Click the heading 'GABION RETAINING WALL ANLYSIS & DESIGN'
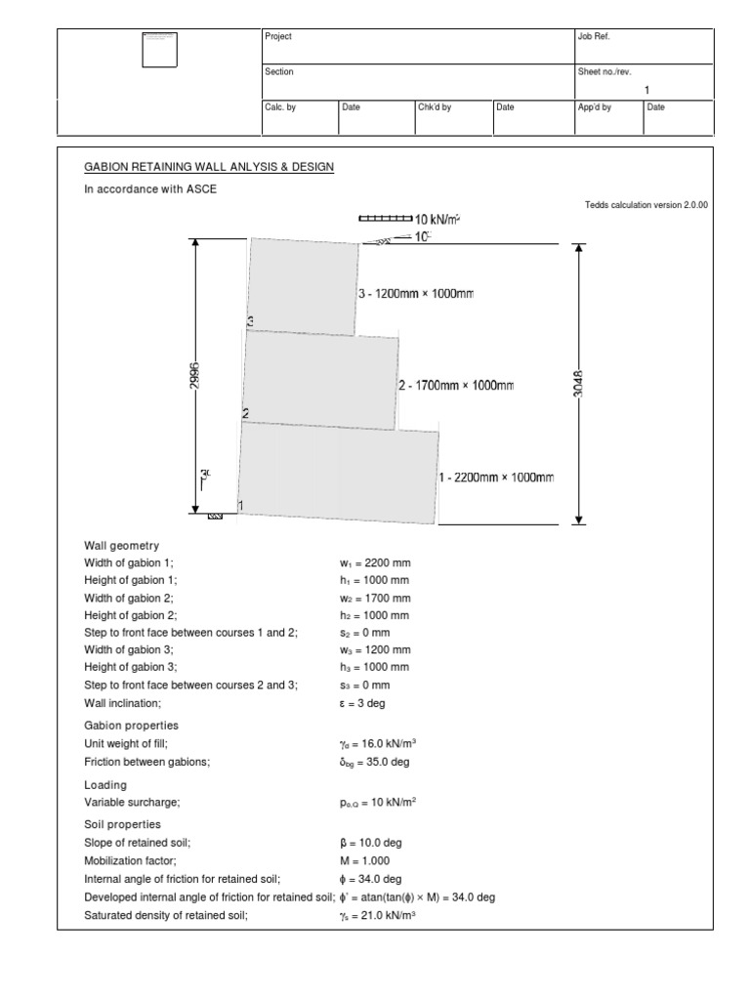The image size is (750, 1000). tap(209, 167)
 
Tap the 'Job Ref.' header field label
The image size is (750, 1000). tap(595, 37)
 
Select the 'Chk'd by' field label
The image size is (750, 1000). tap(435, 107)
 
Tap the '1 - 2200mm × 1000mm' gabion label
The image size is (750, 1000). tap(496, 478)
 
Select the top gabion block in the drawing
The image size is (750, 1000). tap(303, 284)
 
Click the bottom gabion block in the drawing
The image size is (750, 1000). tap(337, 473)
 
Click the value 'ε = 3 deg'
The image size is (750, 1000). tap(362, 702)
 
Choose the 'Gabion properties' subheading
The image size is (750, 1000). tap(133, 726)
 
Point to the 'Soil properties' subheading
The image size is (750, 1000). tap(124, 824)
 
